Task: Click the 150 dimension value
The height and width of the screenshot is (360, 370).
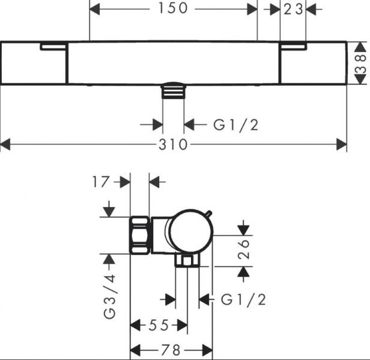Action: coord(173,8)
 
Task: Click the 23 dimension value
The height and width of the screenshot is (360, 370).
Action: coord(293,8)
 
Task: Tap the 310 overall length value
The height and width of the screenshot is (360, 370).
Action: coord(173,145)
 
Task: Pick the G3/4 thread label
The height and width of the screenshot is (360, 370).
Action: coord(110,296)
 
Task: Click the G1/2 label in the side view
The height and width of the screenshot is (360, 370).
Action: coord(243,298)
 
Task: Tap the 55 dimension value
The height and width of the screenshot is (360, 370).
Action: coord(159,325)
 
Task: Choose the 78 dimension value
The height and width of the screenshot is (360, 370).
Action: coord(171,350)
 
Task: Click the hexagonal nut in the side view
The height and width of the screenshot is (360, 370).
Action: coord(140,235)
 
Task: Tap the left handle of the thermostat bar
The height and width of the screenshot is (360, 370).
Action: coord(34,63)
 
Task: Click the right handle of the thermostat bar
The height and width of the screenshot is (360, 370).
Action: coord(312,63)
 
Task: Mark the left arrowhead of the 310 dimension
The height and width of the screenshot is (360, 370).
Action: coord(5,145)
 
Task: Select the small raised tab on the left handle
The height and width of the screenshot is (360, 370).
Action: coord(53,46)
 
